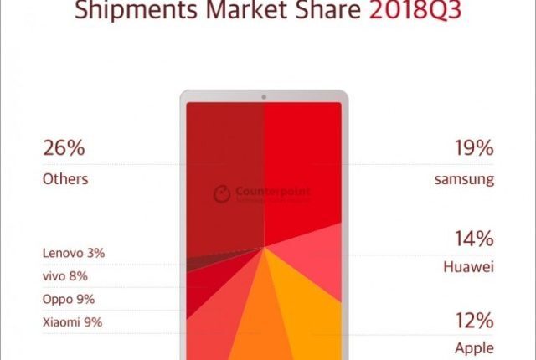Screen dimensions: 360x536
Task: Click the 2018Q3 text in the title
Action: [402, 13]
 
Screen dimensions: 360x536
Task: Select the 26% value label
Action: [64, 150]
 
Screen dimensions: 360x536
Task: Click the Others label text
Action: [64, 178]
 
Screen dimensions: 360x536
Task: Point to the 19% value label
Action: [471, 150]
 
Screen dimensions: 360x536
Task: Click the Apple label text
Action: [475, 348]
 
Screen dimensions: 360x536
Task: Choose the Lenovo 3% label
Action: [74, 252]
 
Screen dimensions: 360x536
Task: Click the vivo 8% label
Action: [64, 275]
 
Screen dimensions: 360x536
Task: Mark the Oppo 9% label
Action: [69, 299]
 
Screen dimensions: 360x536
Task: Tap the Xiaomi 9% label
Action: [72, 322]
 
